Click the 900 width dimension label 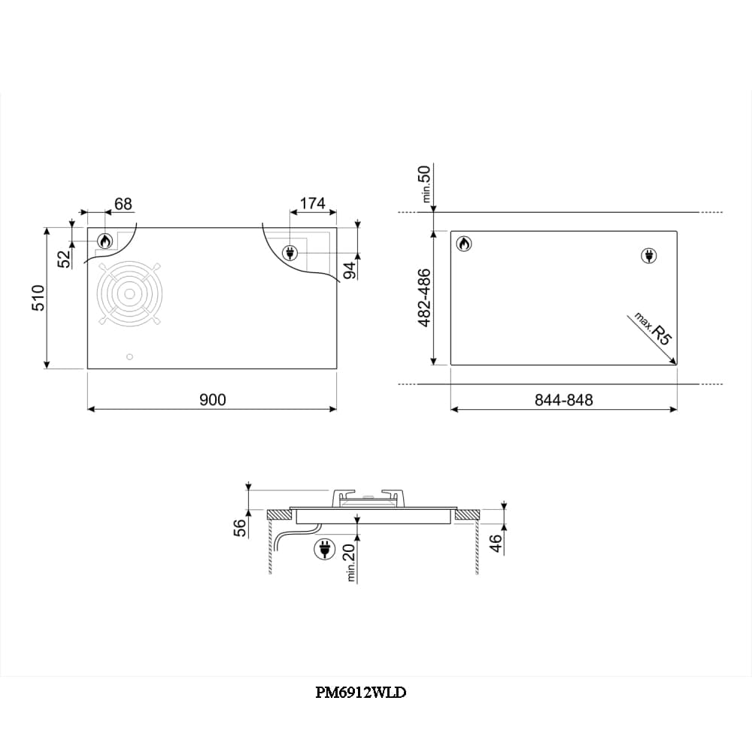click(213, 399)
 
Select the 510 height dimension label click(38, 298)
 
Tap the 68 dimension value click(123, 204)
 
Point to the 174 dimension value click(313, 203)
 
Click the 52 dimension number click(64, 259)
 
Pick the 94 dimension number click(350, 271)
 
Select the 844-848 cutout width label click(564, 399)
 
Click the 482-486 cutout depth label click(424, 298)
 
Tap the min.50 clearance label click(425, 183)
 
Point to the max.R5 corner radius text click(653, 329)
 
